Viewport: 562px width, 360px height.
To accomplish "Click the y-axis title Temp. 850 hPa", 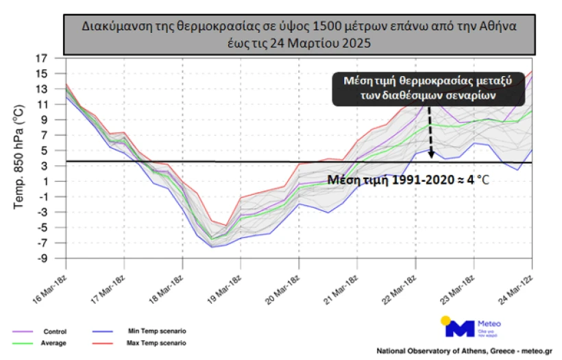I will pos(20,157).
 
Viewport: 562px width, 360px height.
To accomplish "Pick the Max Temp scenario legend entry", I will pos(156,342).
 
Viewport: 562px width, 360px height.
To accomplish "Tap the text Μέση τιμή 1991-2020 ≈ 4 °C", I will pos(408,180).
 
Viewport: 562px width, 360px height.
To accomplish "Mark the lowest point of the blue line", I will pos(212,246).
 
